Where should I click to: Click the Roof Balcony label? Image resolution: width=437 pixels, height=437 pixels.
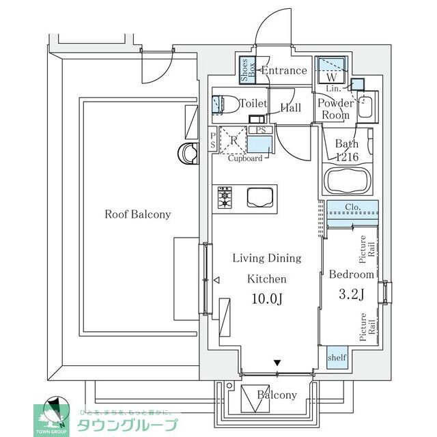point(137,214)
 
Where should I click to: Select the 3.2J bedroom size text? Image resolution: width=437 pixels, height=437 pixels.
point(352,295)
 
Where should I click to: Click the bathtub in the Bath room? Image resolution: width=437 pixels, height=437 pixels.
point(348,182)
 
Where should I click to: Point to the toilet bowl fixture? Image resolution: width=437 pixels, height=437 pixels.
point(218,104)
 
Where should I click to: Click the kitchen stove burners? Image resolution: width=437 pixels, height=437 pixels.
point(224,197)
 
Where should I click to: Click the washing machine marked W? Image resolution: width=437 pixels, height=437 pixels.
point(331,68)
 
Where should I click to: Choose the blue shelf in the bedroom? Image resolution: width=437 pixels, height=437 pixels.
point(337,358)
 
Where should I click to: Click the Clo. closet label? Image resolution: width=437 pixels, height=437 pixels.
point(352,207)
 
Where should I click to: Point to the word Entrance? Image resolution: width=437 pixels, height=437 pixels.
point(284,70)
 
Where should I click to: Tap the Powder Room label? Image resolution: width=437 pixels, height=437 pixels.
point(335,109)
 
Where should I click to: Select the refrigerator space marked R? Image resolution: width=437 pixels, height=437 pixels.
point(233,142)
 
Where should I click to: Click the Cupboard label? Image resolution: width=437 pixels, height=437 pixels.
point(244,158)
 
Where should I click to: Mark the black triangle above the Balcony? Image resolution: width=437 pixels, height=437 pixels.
point(277,363)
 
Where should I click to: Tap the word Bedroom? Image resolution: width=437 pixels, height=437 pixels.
point(352,274)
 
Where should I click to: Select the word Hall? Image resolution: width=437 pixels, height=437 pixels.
point(291,108)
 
